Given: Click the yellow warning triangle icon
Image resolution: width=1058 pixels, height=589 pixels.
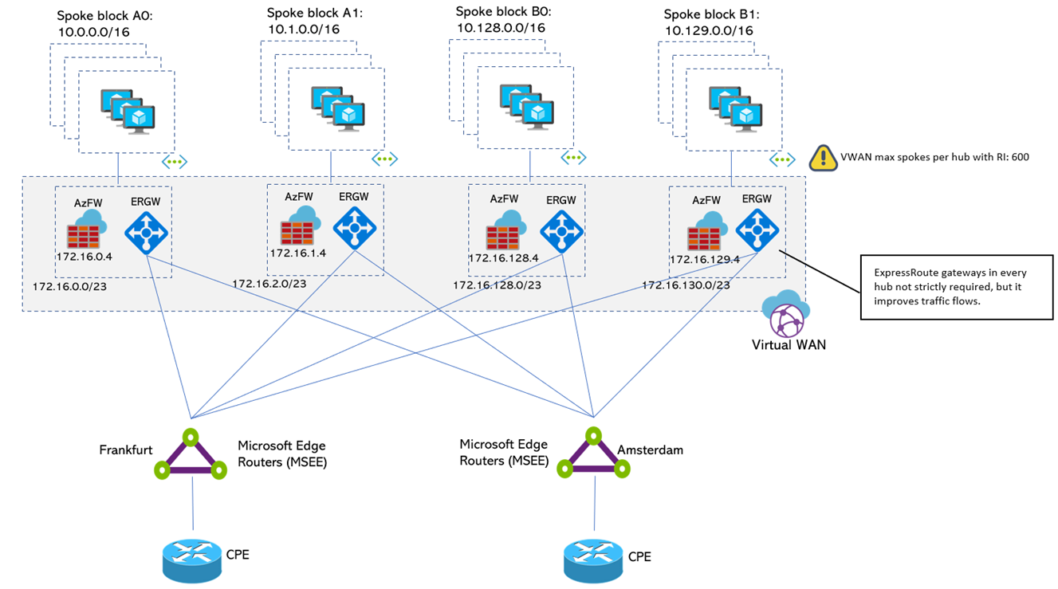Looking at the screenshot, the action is [824, 159].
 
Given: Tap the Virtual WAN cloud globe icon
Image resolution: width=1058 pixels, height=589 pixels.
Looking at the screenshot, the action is [786, 313].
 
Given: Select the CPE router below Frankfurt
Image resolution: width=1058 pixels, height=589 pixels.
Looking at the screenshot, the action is [192, 561].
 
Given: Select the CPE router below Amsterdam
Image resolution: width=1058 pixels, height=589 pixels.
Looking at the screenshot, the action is [593, 561].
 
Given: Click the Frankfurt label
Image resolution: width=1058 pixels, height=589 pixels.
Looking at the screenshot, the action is [126, 450].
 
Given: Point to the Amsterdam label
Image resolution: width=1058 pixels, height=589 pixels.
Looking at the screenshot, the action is [650, 450].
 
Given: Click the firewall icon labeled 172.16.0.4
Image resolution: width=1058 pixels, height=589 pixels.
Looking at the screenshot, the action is [87, 229].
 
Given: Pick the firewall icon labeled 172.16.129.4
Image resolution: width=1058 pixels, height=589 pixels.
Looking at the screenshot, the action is [707, 231].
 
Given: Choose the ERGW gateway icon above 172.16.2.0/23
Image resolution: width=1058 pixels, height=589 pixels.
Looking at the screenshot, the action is [355, 228].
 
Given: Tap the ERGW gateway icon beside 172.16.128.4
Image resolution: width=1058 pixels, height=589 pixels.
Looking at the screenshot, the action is [561, 232].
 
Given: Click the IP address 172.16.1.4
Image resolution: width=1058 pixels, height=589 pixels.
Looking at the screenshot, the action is [298, 253].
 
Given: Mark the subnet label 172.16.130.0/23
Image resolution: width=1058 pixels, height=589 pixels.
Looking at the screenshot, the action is [686, 285].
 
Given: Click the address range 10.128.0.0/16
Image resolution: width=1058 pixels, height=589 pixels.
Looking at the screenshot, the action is [501, 28].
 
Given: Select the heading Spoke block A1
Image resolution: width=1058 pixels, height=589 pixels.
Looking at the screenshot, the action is [315, 13].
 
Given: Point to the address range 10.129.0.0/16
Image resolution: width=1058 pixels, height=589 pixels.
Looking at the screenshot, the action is [709, 31].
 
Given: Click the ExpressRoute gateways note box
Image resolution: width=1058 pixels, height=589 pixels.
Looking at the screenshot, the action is [957, 287].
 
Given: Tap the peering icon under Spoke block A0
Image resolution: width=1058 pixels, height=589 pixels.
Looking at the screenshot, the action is [175, 162].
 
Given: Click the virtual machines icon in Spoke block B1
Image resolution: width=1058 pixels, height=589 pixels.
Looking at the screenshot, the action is [735, 109].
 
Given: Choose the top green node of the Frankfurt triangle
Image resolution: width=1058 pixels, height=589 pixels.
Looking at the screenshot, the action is [191, 438].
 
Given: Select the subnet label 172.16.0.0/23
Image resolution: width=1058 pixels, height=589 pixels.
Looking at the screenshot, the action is [69, 287].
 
